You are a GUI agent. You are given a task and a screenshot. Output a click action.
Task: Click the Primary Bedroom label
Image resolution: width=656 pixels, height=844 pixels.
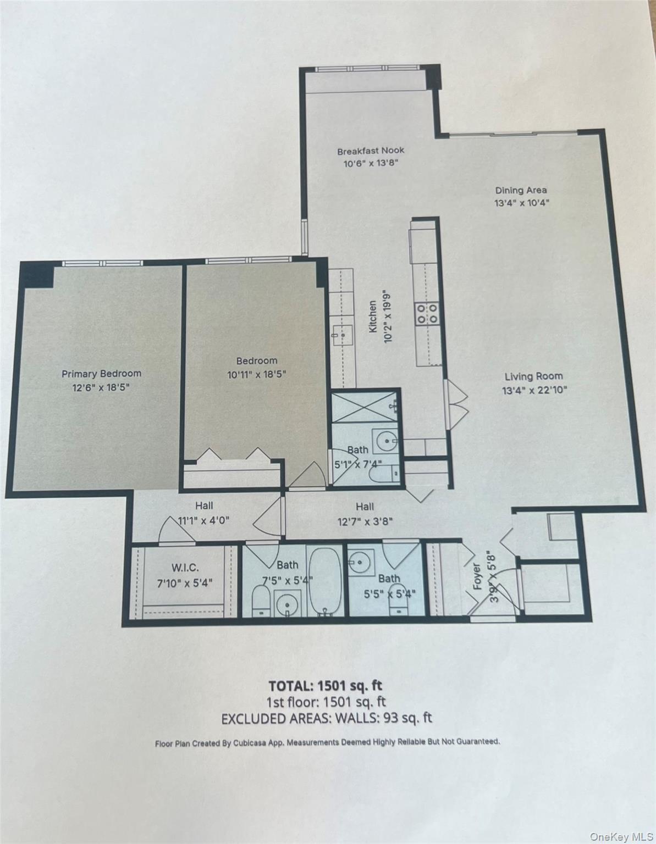tap(101, 374)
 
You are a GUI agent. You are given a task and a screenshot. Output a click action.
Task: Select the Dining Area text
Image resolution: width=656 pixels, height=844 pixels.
tap(521, 190)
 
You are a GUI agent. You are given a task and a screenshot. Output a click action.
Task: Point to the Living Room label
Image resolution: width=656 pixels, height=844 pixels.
tap(533, 376)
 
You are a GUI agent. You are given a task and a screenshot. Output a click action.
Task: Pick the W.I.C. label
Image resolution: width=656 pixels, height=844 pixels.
tap(185, 567)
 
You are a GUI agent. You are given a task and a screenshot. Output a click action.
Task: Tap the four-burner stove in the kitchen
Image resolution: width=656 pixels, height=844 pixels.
tap(428, 313)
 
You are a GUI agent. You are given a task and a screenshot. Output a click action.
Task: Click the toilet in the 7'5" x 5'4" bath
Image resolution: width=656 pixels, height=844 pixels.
tap(261, 600)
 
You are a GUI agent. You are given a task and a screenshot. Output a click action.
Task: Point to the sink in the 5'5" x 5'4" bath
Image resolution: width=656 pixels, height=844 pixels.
tap(361, 563)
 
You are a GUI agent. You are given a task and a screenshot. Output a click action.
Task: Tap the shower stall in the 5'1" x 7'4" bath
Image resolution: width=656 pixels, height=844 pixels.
tap(365, 407)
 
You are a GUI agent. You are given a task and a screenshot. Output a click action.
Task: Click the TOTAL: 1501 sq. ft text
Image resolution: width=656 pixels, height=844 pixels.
tap(325, 685)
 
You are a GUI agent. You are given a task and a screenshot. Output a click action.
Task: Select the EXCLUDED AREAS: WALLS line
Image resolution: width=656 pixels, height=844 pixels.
tap(327, 718)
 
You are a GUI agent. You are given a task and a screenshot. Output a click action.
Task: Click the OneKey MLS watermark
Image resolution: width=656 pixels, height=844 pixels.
tap(621, 836)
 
